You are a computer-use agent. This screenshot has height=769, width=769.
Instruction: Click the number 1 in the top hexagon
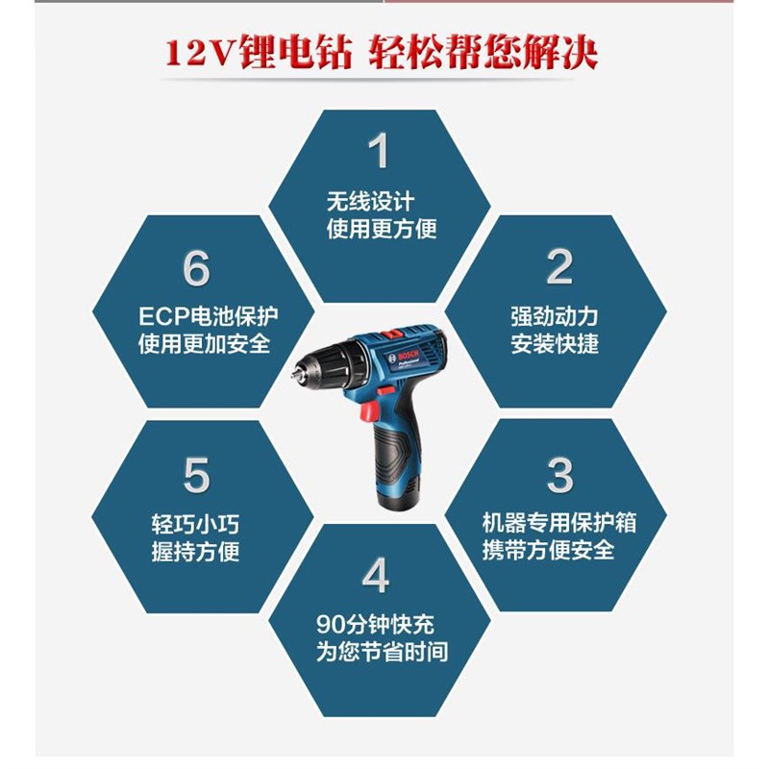click(x=381, y=153)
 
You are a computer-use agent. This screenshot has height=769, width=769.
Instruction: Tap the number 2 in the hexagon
click(x=559, y=268)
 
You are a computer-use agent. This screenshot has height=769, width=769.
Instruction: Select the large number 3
click(x=559, y=475)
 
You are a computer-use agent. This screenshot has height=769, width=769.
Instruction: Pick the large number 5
click(x=196, y=475)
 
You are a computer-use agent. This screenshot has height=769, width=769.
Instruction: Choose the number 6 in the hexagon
click(x=196, y=270)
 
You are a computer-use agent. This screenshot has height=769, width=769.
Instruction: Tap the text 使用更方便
click(x=382, y=229)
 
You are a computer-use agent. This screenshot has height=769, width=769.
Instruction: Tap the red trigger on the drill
click(x=365, y=412)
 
